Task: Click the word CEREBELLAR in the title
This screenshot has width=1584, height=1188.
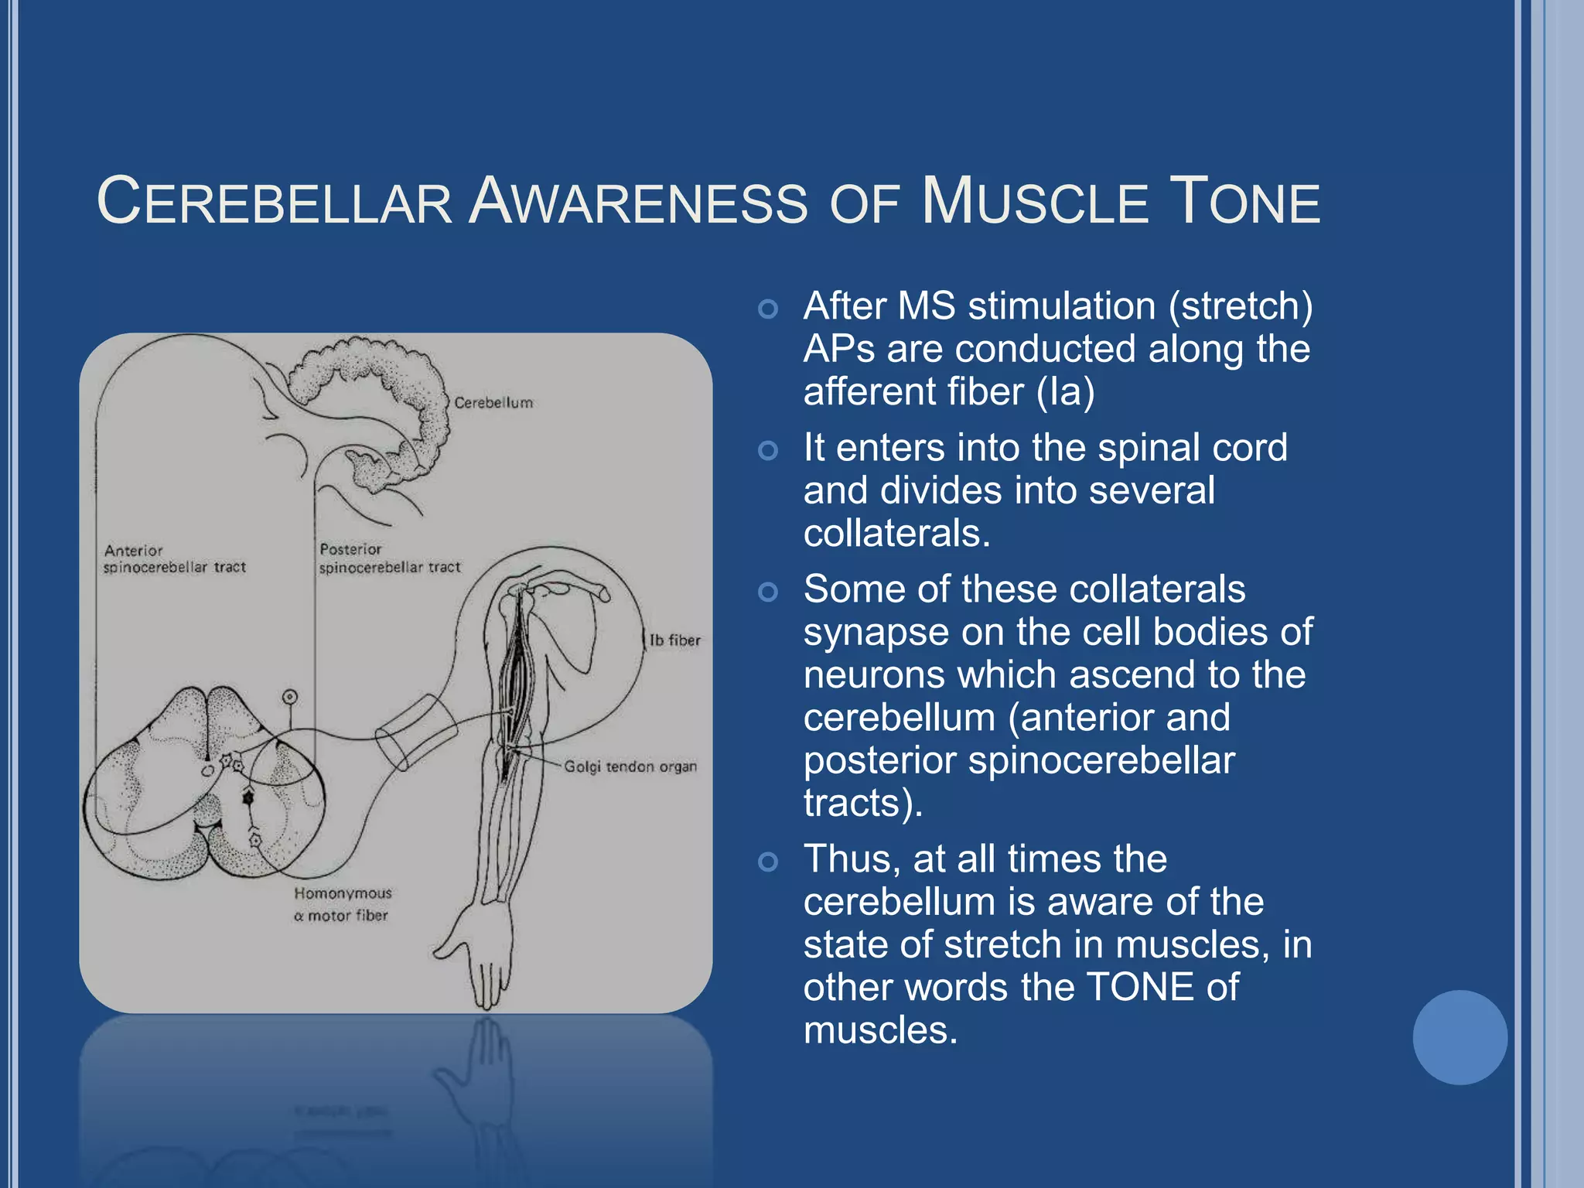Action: point(275,203)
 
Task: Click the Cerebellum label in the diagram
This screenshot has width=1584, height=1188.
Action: point(493,403)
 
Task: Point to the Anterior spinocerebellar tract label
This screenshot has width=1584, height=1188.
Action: point(174,558)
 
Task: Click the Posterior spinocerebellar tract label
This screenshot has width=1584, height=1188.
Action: point(389,558)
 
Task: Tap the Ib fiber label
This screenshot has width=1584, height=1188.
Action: point(674,640)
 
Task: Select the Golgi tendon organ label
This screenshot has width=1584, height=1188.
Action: point(630,766)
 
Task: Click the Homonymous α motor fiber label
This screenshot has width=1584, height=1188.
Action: point(343,904)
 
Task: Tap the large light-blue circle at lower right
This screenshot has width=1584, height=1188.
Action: point(1459,1037)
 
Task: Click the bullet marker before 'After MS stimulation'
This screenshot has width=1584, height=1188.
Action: point(767,309)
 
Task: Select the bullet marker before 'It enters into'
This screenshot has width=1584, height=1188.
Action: point(767,450)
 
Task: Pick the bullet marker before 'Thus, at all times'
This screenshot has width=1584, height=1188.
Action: point(767,862)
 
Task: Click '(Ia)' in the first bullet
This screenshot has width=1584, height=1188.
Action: point(1065,391)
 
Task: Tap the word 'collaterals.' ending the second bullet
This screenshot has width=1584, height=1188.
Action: point(896,534)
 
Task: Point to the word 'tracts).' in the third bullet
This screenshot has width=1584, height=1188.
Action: point(862,803)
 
